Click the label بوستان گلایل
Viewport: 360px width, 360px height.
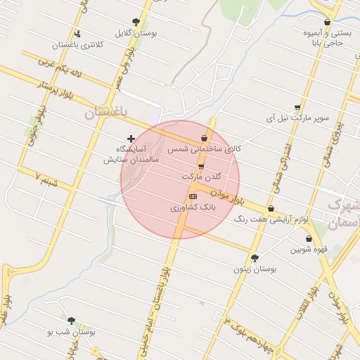(136, 32)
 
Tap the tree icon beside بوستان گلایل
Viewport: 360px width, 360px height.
(136, 22)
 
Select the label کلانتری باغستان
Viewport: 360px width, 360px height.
(77, 44)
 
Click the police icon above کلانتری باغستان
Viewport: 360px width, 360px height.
(77, 33)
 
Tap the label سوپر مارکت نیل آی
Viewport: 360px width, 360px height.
(297, 118)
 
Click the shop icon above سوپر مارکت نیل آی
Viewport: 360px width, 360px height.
(297, 108)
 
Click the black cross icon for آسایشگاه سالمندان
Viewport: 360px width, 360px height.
(130, 138)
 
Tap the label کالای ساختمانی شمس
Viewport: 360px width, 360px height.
(205, 150)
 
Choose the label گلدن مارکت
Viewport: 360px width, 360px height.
(201, 176)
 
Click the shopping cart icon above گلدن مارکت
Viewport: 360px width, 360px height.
(201, 167)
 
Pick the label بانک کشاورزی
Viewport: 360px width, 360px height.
(191, 209)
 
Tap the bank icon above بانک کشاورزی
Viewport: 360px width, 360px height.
(193, 197)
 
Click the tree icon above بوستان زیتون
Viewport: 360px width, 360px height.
(255, 257)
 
